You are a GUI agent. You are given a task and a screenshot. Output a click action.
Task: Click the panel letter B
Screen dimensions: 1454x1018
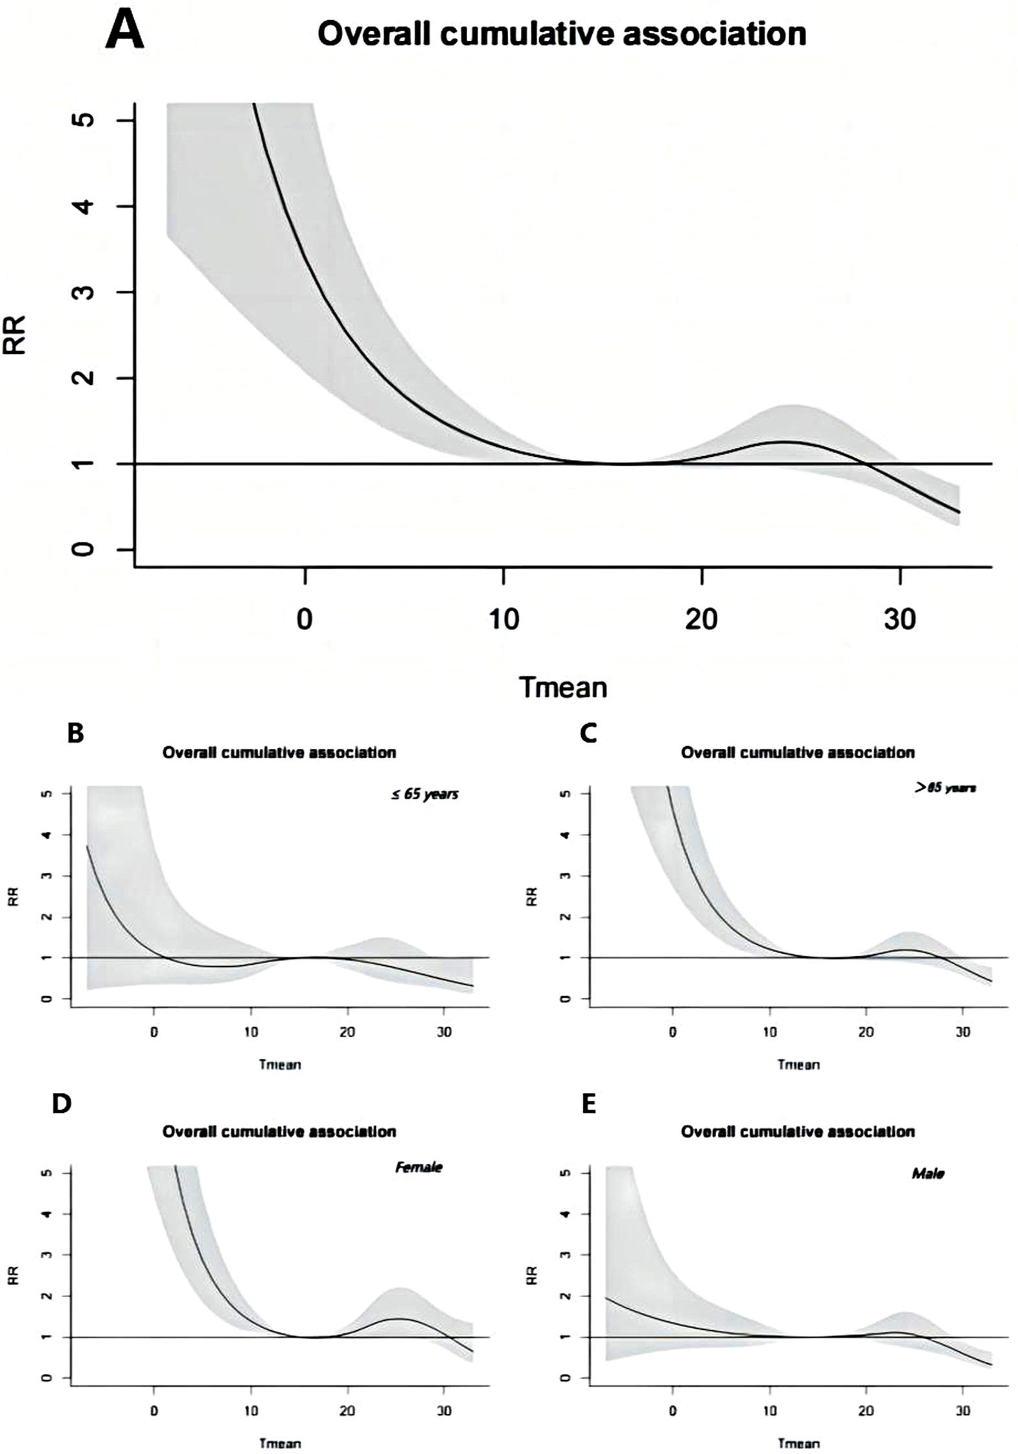click(x=76, y=733)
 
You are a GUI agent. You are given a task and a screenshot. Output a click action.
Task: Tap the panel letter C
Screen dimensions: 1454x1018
click(x=588, y=733)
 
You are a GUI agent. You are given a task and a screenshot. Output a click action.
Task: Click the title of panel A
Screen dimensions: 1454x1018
click(x=562, y=34)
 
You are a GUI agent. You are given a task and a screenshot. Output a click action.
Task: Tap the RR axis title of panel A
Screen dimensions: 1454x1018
click(x=14, y=334)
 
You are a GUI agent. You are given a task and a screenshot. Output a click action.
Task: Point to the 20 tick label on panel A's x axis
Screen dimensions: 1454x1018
click(x=701, y=620)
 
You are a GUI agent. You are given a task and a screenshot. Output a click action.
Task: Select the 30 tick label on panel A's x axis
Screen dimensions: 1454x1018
click(x=900, y=620)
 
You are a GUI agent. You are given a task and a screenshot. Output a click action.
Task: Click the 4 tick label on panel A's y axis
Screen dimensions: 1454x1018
click(x=85, y=206)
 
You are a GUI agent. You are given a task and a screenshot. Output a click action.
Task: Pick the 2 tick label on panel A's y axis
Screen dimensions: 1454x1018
click(x=85, y=377)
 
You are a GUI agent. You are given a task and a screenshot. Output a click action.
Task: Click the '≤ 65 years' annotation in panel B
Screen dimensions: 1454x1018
click(x=424, y=794)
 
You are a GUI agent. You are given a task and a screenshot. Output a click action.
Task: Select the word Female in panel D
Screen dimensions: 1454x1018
click(x=419, y=1167)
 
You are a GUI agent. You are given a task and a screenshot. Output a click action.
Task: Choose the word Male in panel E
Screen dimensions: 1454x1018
click(x=927, y=1173)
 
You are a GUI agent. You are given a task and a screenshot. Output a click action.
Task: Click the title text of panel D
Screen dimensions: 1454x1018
click(x=279, y=1131)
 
